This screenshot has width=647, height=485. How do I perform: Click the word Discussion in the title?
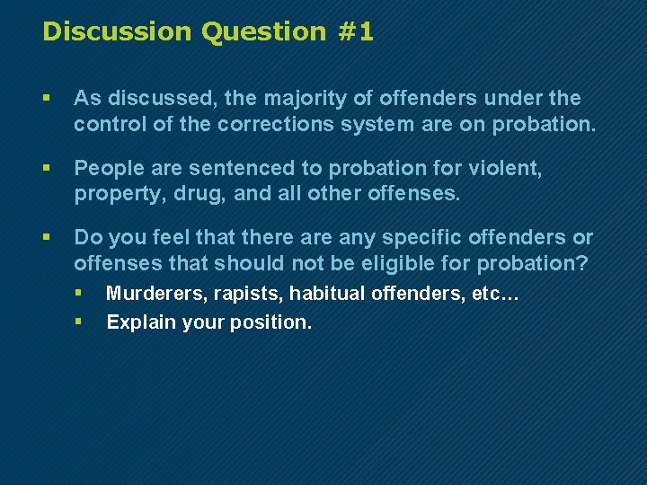pyautogui.click(x=117, y=32)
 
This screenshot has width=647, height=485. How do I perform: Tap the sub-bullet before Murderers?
pyautogui.click(x=79, y=293)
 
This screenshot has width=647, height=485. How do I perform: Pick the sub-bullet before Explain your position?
pyautogui.click(x=79, y=320)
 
